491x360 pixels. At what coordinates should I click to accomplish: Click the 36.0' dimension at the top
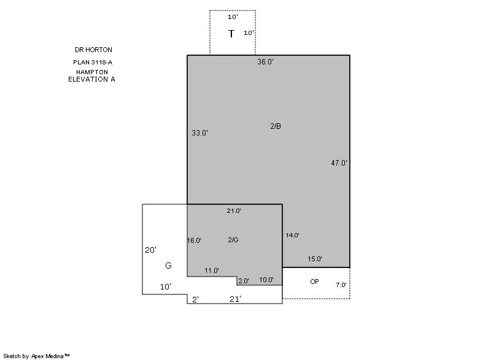click(265, 61)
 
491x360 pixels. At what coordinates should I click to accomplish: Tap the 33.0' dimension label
click(200, 132)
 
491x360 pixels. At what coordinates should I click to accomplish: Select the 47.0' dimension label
click(339, 163)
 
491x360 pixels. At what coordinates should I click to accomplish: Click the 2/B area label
click(276, 126)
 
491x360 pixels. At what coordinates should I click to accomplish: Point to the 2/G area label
click(233, 240)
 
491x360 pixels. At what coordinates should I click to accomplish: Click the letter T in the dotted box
click(231, 34)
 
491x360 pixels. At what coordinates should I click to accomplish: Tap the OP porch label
click(314, 281)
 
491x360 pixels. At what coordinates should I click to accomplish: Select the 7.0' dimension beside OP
click(341, 285)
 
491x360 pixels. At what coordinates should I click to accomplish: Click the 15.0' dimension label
click(315, 259)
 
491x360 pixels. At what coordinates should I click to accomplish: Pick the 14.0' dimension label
click(293, 236)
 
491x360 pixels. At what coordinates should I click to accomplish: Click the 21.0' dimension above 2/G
click(234, 211)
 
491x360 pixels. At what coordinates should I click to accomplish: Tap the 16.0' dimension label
click(194, 240)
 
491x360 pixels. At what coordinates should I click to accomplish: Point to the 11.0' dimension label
click(212, 270)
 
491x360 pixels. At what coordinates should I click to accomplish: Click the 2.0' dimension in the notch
click(244, 281)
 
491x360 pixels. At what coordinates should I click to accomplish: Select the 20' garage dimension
click(150, 250)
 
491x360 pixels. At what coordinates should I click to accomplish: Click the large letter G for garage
click(168, 266)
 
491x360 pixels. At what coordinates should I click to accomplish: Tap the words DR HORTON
click(93, 50)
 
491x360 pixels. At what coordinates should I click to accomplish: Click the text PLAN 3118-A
click(93, 62)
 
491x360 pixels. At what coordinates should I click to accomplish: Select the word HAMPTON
click(92, 72)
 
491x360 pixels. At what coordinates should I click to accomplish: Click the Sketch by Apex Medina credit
click(36, 356)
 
